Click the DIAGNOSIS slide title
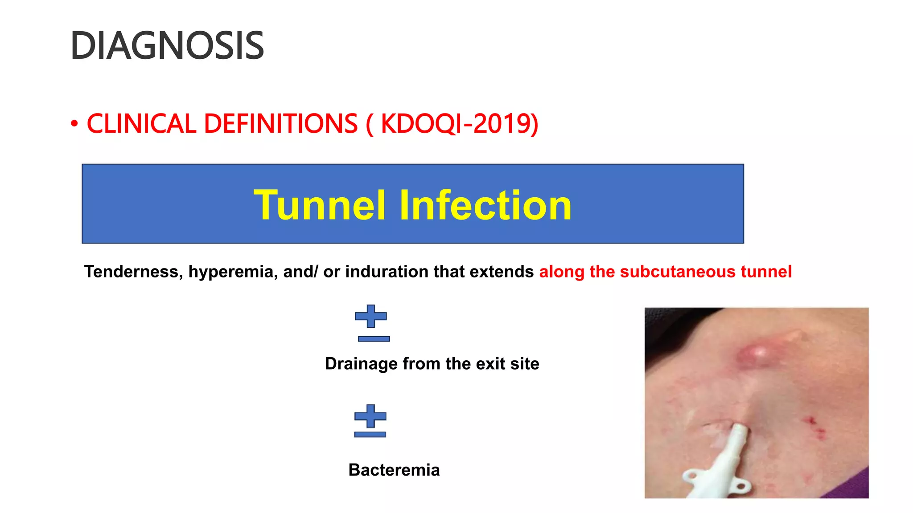click(167, 46)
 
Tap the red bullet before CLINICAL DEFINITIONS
click(74, 124)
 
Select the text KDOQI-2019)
click(459, 124)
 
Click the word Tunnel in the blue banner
click(319, 205)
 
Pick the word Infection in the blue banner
click(485, 205)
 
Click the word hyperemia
click(231, 272)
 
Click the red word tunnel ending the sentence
click(766, 272)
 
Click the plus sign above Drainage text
click(370, 316)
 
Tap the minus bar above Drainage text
click(374, 339)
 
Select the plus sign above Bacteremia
click(370, 416)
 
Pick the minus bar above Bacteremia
click(370, 434)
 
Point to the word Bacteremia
click(394, 470)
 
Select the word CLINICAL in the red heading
click(141, 124)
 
